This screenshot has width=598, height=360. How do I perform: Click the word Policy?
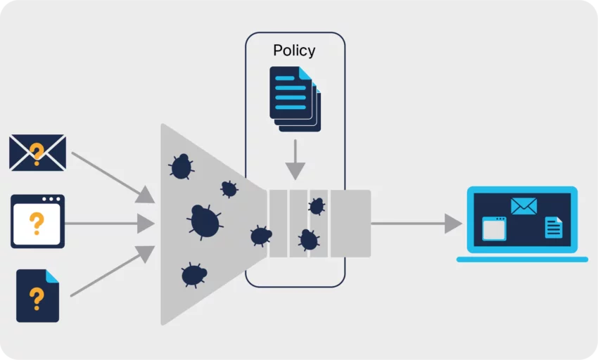tap(294, 51)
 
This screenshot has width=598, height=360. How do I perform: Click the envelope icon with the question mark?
tap(37, 153)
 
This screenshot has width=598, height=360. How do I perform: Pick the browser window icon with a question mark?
tap(37, 221)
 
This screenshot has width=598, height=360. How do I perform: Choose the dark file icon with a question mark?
tap(37, 295)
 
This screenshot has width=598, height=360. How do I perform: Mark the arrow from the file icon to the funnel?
tap(113, 271)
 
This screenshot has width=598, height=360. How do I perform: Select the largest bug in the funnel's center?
tap(205, 221)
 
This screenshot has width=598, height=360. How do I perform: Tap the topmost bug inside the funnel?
tap(182, 167)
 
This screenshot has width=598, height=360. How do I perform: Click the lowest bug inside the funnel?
tap(193, 275)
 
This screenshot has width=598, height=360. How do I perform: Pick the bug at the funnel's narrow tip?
tap(260, 236)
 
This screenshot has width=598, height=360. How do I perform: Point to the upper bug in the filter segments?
tap(317, 206)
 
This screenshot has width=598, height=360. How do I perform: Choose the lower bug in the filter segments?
tap(308, 240)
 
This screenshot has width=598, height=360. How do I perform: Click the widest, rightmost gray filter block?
tap(350, 224)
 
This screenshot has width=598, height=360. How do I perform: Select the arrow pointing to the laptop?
tap(415, 224)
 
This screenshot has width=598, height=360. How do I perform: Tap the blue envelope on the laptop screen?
tap(523, 206)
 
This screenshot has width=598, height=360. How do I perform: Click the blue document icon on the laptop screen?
tap(554, 227)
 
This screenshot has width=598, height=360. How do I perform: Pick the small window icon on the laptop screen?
tap(494, 229)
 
